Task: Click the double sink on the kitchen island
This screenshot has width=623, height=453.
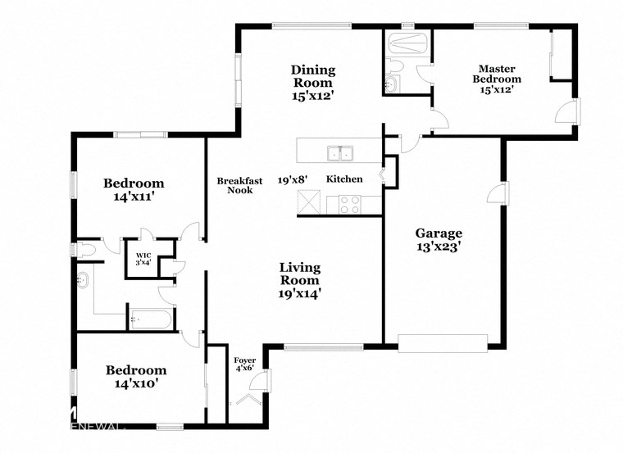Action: click(x=340, y=152)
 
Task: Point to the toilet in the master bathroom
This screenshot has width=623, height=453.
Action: click(x=393, y=65)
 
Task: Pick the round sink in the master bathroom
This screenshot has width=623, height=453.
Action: click(x=391, y=84)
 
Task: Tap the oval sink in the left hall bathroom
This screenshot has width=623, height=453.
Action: click(x=82, y=282)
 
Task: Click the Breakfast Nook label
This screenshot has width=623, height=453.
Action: click(x=239, y=185)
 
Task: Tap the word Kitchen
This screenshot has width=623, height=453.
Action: click(x=344, y=179)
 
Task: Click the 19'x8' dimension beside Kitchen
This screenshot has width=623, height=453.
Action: click(x=292, y=179)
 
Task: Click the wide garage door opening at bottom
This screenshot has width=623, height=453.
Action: click(x=443, y=342)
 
